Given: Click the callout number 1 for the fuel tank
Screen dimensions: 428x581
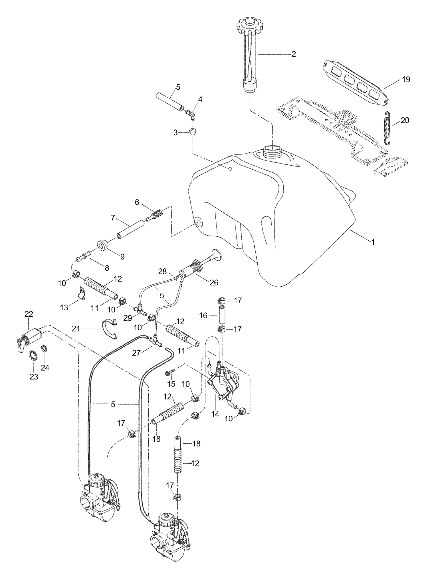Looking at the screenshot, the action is [373, 242].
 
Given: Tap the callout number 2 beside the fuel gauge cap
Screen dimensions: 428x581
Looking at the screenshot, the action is [293, 54].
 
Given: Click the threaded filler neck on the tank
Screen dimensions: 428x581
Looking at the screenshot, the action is [273, 150].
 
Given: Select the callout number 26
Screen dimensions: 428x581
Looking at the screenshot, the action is [214, 282].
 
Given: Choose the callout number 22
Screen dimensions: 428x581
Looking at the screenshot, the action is [29, 314].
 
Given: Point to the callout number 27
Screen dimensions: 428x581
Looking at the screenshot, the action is [136, 353].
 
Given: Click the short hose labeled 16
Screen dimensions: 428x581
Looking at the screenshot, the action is [222, 315].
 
